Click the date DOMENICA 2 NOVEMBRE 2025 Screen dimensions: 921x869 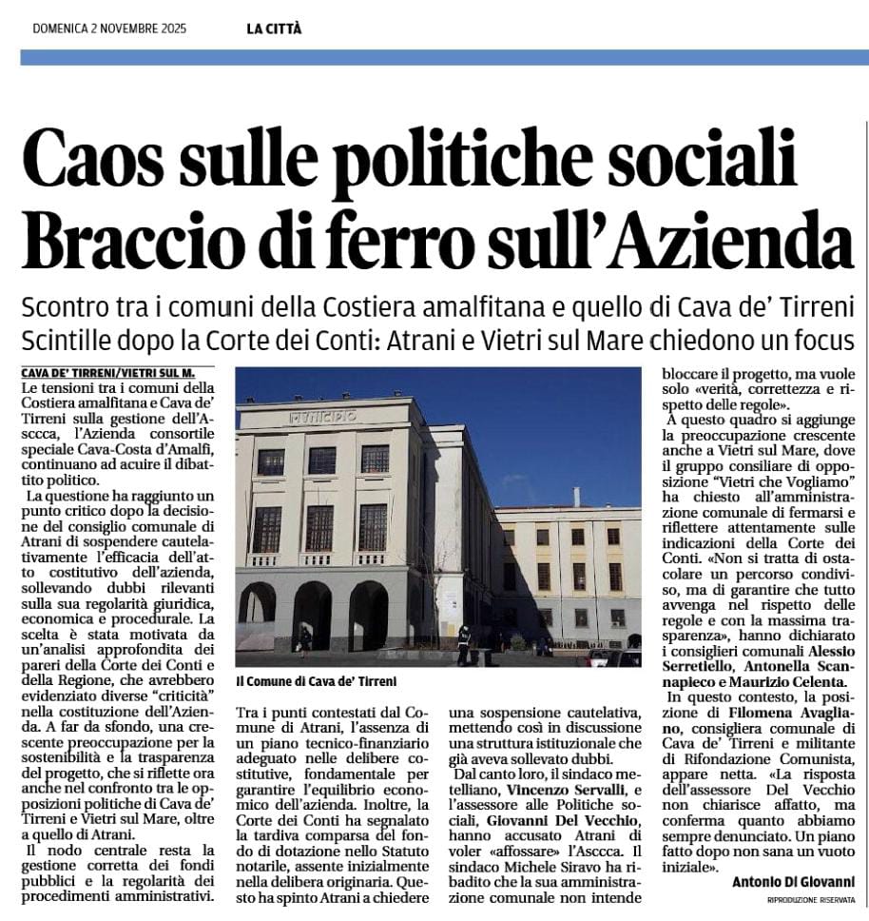[x=109, y=28]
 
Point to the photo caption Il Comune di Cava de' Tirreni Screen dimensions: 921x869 [x=316, y=681]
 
